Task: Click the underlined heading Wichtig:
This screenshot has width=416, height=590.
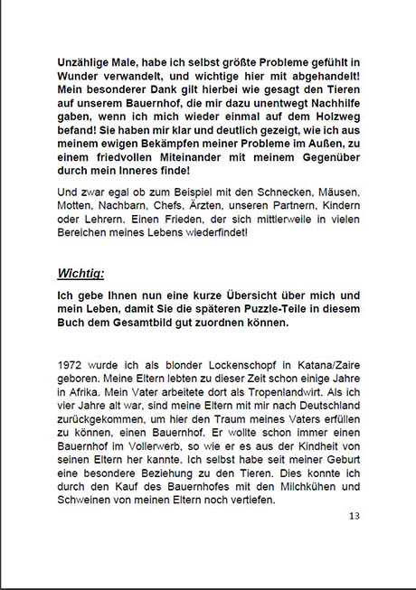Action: [x=81, y=272]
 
